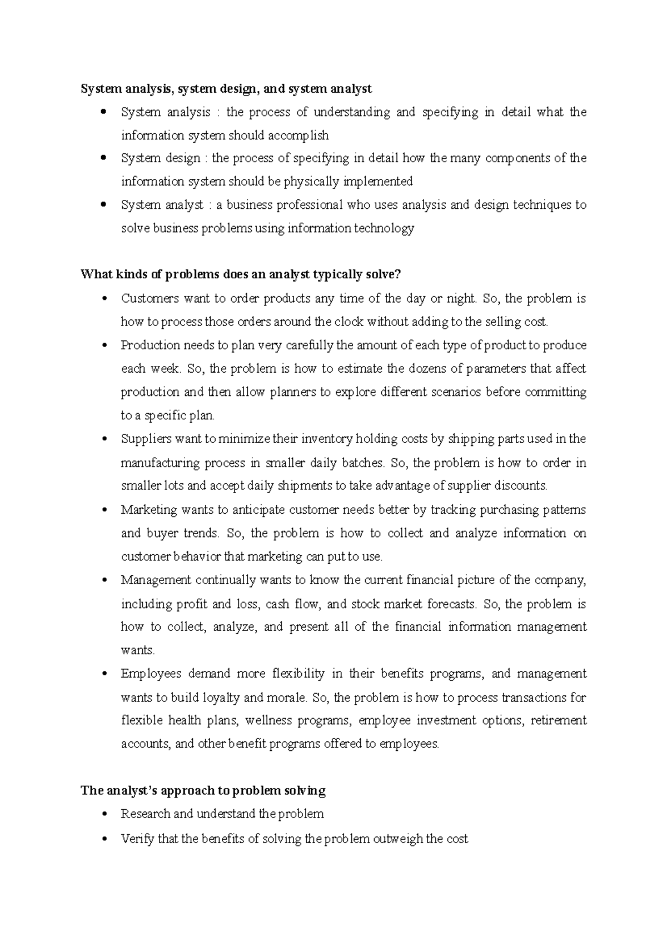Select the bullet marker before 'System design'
(x=104, y=158)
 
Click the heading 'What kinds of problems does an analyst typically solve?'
(x=240, y=274)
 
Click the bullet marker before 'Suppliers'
(x=104, y=439)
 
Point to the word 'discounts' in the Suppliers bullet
(x=521, y=486)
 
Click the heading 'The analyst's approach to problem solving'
(x=203, y=791)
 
